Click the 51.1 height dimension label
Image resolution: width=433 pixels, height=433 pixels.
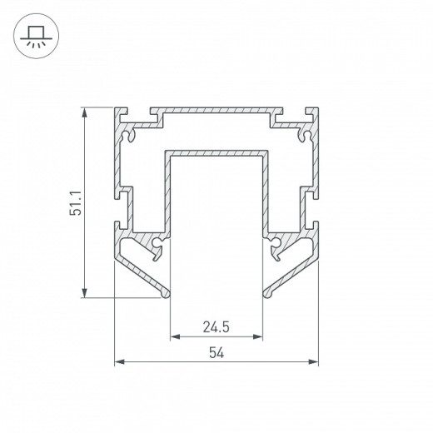point(76,203)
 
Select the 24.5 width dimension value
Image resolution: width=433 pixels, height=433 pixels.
point(216,326)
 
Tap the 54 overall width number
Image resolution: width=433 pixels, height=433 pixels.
point(216,353)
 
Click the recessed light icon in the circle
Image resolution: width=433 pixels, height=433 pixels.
point(36,37)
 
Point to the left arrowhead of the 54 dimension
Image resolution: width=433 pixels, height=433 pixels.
point(119,361)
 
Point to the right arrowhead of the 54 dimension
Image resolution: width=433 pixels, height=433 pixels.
point(313,361)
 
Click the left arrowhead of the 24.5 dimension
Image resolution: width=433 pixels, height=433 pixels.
point(175,337)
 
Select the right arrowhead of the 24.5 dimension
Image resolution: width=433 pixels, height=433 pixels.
point(257,337)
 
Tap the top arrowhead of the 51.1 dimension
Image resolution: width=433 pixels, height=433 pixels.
point(84,112)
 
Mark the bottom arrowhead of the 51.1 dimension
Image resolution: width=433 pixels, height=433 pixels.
point(84,293)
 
